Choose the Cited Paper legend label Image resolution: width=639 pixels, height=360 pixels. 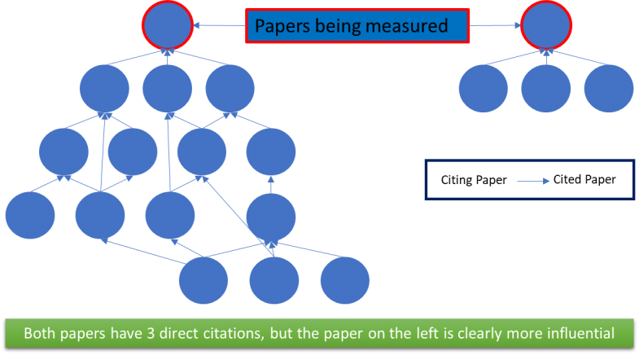coord(584,179)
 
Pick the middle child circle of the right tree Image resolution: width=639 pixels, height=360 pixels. coord(546,88)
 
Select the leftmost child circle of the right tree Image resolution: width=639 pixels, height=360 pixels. coord(484,88)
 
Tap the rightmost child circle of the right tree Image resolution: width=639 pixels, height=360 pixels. coord(609,88)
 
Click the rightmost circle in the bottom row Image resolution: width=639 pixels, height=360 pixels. coord(345,279)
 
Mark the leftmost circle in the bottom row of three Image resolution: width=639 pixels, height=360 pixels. coord(204,279)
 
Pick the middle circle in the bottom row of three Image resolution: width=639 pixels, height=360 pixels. coord(274,279)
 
